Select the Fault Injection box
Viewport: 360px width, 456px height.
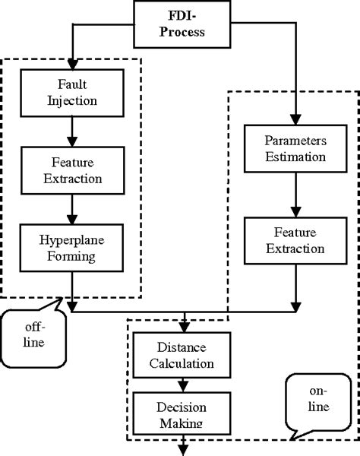coord(70,90)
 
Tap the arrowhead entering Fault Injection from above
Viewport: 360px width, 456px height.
coord(70,63)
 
